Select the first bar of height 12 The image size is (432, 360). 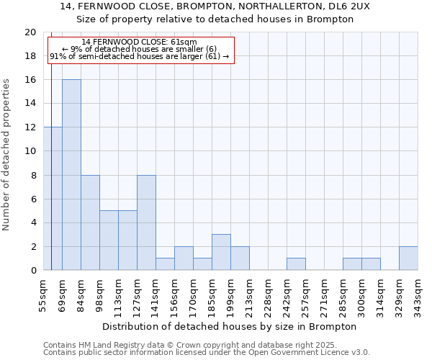coord(53,199)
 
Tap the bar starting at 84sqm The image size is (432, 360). coord(90,222)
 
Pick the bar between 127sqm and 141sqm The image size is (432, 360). coord(146,222)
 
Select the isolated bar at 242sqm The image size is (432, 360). coord(296,264)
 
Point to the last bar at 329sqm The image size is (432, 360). coord(408,258)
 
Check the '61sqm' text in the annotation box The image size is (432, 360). coord(183,42)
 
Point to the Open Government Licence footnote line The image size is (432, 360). coord(206,353)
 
